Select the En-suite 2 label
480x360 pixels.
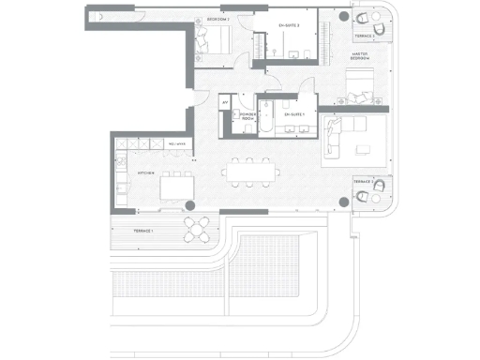click(290, 25)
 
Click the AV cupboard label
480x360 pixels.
click(225, 99)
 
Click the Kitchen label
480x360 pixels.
click(146, 173)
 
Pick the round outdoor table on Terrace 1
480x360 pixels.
click(197, 228)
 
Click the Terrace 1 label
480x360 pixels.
click(142, 230)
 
